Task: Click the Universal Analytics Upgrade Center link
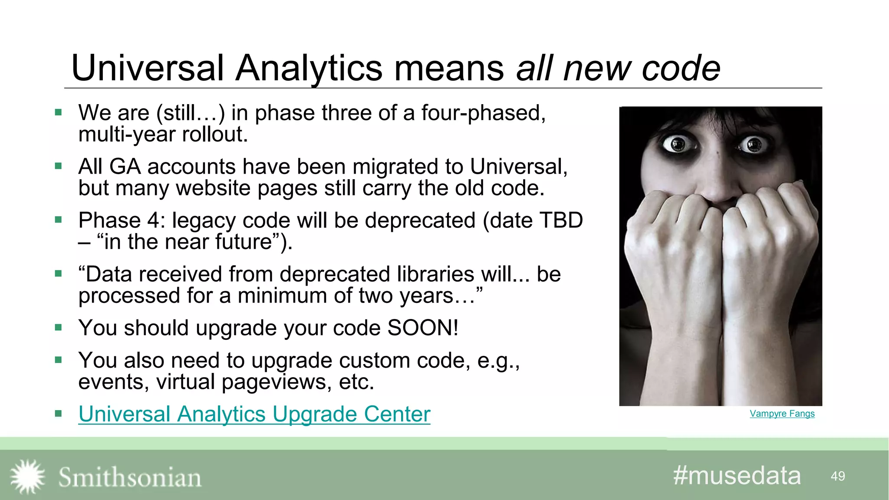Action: tap(254, 414)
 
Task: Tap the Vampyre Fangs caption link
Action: tap(782, 414)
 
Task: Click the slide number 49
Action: tap(837, 477)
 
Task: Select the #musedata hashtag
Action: tap(737, 476)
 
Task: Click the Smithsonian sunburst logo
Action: tap(27, 477)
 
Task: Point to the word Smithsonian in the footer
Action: tap(130, 477)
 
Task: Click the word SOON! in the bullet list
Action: tap(423, 328)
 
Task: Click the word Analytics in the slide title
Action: tap(309, 68)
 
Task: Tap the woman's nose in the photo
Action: tap(716, 182)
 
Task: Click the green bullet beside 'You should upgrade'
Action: tap(59, 327)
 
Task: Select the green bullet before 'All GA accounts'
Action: tap(59, 166)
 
